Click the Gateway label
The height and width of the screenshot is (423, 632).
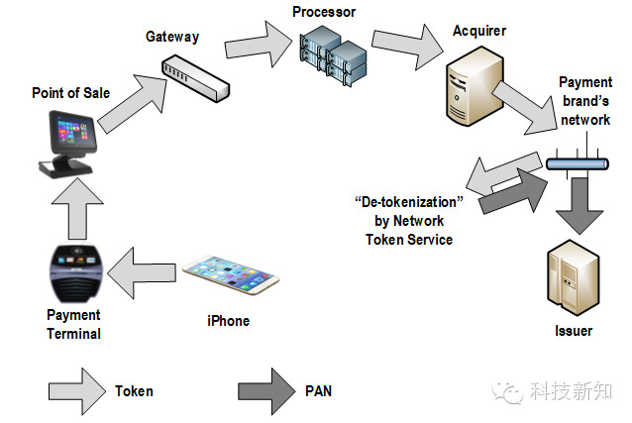coord(172,37)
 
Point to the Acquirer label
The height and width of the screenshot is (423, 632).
coord(478,32)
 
